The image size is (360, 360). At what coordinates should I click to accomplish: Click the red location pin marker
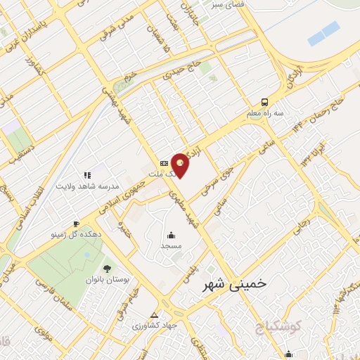tap(181, 165)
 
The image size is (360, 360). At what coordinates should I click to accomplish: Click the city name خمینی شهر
tap(235, 284)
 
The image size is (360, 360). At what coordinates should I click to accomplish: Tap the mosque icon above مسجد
tap(171, 235)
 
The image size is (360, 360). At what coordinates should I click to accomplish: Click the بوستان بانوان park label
tap(108, 279)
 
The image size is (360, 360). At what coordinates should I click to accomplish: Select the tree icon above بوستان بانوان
tap(108, 268)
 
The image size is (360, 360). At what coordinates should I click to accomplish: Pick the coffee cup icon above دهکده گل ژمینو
tap(77, 224)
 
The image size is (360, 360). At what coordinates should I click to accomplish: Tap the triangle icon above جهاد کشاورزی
tap(155, 314)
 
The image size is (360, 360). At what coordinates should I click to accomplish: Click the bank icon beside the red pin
tap(164, 163)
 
